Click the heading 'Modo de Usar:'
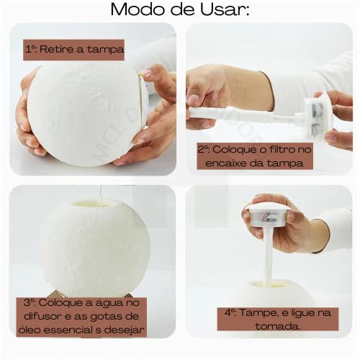[179, 12]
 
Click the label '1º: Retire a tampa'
[75, 50]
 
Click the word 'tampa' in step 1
[107, 50]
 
